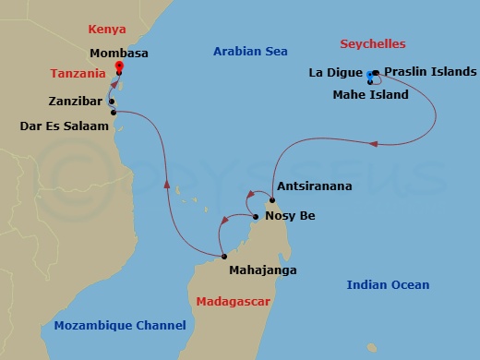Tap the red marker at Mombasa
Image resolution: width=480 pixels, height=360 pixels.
119,66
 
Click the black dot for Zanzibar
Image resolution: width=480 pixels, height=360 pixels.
111,102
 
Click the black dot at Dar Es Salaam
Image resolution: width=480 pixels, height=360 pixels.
114,113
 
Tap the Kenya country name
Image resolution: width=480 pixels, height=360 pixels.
106,30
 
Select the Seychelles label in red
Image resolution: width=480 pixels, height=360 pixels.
373,44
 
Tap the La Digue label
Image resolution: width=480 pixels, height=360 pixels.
336,72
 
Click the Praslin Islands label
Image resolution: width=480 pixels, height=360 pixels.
430,71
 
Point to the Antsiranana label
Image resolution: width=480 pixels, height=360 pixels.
314,186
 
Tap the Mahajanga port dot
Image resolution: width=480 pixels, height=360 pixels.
223,256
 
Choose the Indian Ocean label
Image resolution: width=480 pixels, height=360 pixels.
388,285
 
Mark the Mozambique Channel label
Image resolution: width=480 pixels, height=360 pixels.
120,325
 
